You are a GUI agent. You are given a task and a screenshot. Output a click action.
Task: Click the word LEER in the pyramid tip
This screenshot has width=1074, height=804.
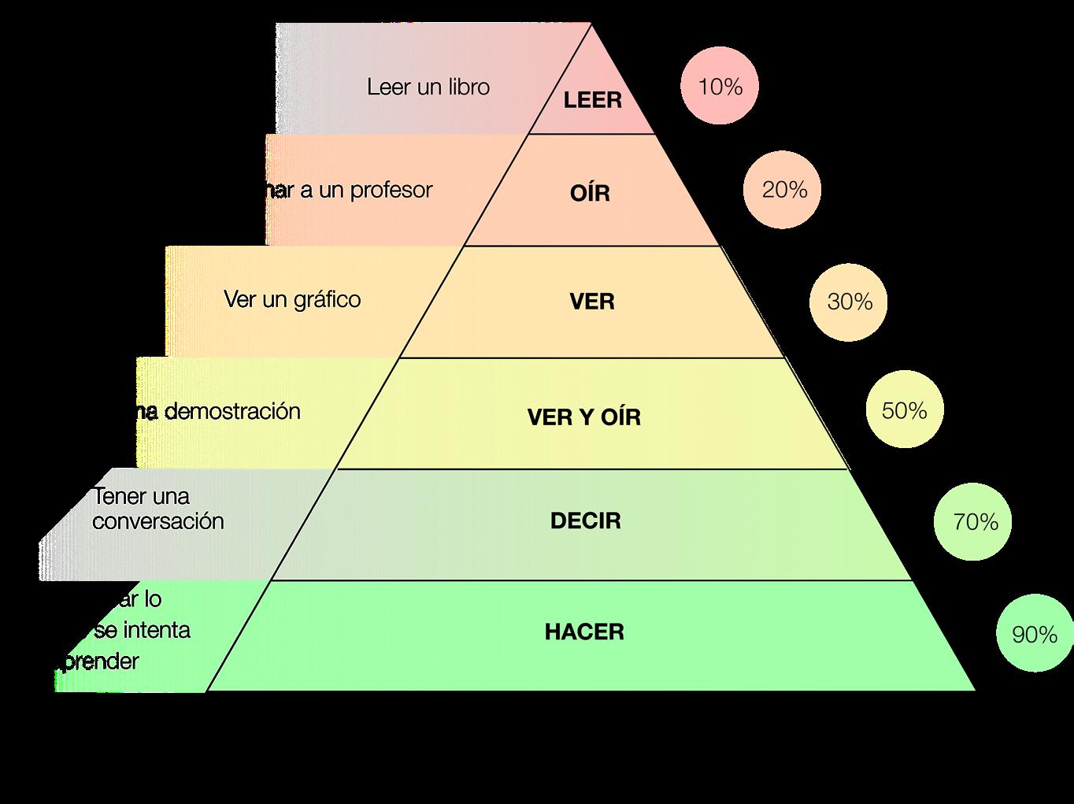point(592,100)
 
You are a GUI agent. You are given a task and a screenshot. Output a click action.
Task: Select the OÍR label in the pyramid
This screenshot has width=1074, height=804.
point(590,193)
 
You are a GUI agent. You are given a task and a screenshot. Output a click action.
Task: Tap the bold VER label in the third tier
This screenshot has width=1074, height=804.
point(591,302)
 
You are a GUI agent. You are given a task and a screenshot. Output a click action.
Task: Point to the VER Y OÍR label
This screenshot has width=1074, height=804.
point(583,417)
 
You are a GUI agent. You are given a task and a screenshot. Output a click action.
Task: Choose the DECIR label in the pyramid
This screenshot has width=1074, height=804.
point(585,521)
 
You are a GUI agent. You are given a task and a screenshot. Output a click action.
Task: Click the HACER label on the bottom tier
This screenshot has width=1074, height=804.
point(584,632)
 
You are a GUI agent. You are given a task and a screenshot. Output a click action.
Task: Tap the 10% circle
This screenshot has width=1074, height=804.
point(720,87)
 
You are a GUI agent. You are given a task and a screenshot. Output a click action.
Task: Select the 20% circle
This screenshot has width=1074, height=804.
point(783,190)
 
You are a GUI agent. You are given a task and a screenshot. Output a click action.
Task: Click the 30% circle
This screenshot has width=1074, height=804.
point(849,302)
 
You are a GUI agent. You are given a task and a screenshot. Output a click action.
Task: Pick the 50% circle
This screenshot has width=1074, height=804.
point(904,410)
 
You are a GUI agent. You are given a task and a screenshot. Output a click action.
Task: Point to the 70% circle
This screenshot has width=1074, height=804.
point(974,522)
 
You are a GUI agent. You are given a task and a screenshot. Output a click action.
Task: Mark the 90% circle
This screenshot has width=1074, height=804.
point(1034,635)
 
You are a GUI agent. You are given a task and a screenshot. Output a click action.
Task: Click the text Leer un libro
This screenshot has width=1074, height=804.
point(428,87)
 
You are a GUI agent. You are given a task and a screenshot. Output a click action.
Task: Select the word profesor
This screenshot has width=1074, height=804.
point(391,191)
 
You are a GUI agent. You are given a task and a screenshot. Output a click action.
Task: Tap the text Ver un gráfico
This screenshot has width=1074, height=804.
point(292,300)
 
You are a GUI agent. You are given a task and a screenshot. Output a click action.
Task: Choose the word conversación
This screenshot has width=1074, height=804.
point(157,521)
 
